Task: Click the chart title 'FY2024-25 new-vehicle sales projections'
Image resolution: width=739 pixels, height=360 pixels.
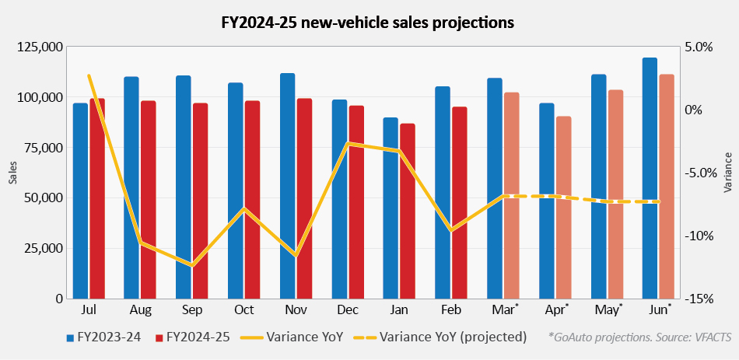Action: coord(368,23)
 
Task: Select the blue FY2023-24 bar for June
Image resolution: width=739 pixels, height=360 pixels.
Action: coord(650,178)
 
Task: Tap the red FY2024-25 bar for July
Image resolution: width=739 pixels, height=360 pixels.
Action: coord(97,198)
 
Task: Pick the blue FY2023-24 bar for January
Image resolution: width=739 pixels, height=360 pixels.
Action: coord(391,208)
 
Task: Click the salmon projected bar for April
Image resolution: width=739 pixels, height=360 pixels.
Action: coord(564,208)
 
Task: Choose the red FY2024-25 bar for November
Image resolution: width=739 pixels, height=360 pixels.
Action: coord(304,198)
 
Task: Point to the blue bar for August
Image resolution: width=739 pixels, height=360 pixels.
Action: coord(131,187)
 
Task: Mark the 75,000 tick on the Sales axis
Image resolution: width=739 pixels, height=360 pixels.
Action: coord(42,148)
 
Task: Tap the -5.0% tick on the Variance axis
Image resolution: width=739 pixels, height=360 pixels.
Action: coord(700,173)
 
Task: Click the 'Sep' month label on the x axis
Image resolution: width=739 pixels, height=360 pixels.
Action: coord(192,310)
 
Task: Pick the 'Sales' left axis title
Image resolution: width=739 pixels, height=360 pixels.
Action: coord(12,173)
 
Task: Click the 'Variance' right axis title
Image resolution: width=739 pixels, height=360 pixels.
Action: coord(728,173)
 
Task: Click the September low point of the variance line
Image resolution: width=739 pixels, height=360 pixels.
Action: coord(192,266)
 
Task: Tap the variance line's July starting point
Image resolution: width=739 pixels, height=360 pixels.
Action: coord(89,75)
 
